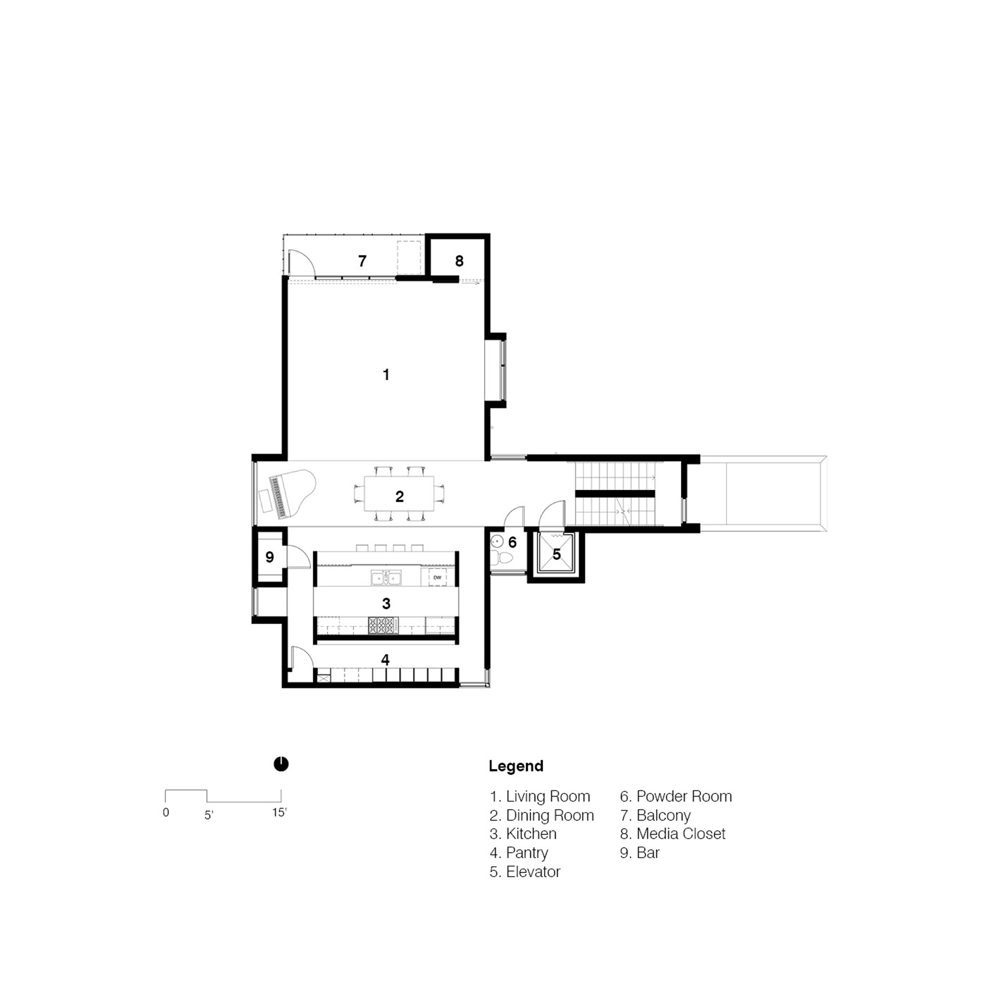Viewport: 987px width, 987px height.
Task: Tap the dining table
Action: click(399, 493)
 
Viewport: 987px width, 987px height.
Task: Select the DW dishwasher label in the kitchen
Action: click(437, 577)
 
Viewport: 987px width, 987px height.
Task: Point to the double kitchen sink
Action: click(386, 578)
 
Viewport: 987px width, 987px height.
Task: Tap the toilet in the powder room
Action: click(505, 558)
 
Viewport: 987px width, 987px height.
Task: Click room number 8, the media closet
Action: click(460, 262)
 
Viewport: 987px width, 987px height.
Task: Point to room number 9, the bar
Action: click(269, 557)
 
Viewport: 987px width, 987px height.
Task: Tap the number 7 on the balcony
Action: click(362, 262)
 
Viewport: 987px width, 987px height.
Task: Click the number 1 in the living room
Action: click(386, 374)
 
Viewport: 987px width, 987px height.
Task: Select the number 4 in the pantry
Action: click(385, 660)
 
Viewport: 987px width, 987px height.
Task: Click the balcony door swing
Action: click(302, 262)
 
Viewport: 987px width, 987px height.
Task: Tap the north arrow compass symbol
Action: click(281, 764)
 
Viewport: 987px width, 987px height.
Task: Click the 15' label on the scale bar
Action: click(279, 812)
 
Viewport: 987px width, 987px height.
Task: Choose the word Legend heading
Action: click(516, 766)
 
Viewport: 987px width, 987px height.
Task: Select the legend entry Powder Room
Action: click(676, 797)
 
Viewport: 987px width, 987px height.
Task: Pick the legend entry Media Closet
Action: click(673, 834)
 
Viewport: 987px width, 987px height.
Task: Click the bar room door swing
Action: click(299, 557)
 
